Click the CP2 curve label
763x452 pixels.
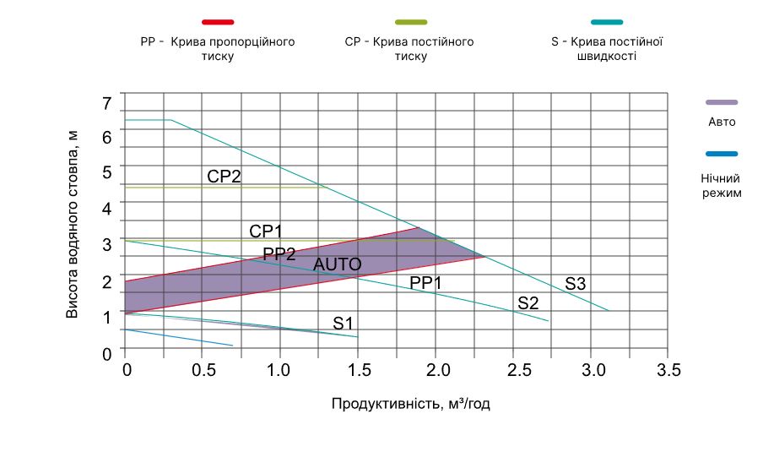[225, 177]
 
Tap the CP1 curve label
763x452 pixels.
[266, 231]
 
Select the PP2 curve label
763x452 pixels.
[279, 253]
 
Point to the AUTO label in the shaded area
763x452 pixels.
[338, 264]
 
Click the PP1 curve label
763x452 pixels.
[425, 283]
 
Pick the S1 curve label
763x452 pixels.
[344, 322]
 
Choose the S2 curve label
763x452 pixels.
[528, 302]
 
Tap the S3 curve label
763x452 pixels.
[576, 285]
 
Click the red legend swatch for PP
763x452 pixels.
[218, 21]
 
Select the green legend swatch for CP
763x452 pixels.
[409, 21]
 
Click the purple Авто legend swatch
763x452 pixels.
[722, 101]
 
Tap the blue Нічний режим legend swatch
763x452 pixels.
[722, 154]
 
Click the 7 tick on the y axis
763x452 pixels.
[106, 104]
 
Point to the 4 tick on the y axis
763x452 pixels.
[106, 208]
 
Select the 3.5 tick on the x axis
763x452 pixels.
[669, 370]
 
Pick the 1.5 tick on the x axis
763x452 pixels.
[359, 370]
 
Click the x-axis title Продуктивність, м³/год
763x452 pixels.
[411, 404]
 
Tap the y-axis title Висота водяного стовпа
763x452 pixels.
[73, 224]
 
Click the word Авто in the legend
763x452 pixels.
[722, 122]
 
